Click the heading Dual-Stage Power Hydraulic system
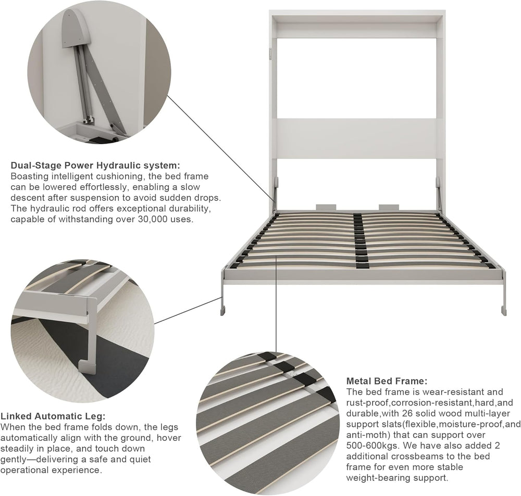(95, 166)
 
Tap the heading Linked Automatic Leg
(53, 416)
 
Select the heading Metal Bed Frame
(387, 381)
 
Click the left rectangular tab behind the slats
(326, 207)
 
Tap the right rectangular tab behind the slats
(389, 207)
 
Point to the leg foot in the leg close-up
(87, 366)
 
